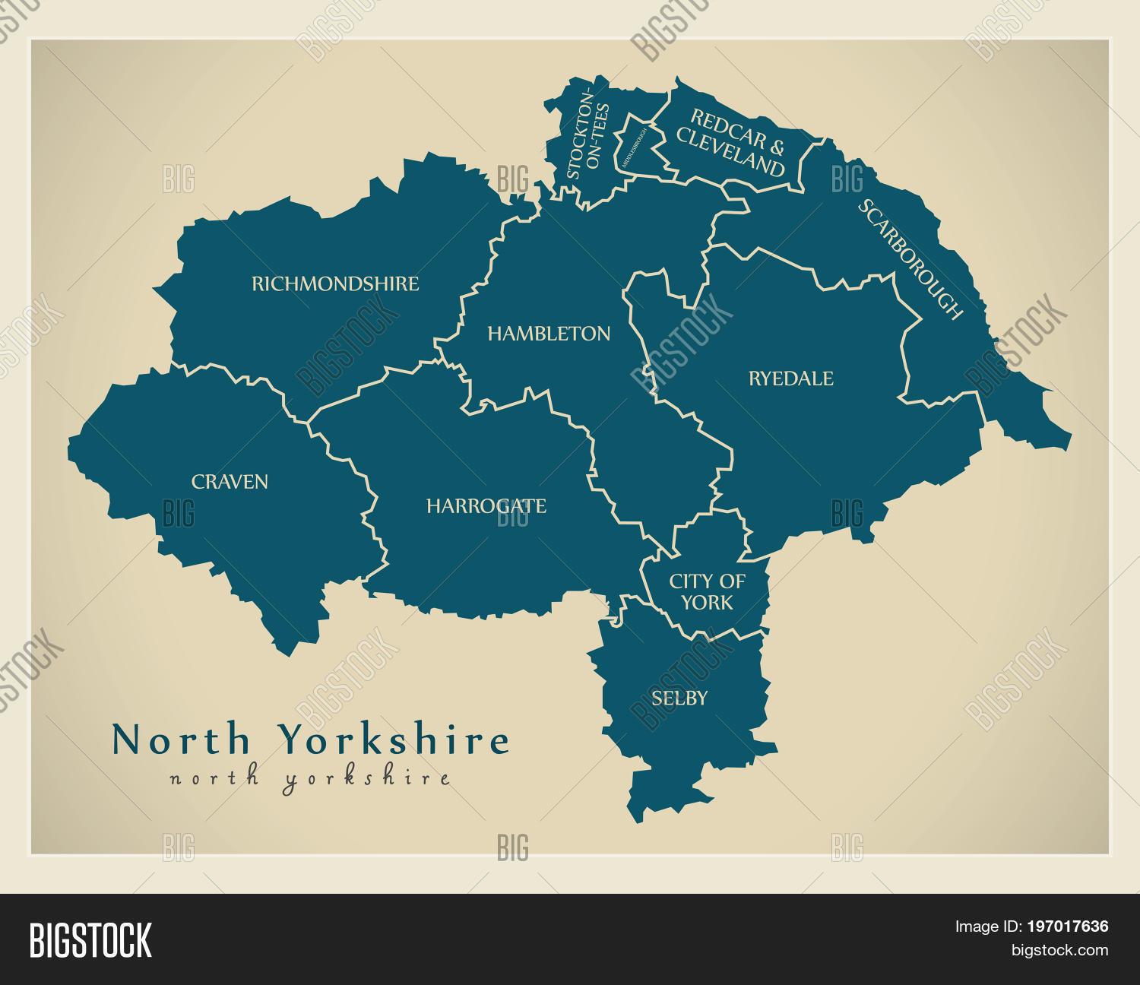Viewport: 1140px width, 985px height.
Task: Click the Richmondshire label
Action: pyautogui.click(x=335, y=284)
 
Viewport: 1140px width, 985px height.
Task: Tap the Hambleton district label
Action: pyautogui.click(x=549, y=334)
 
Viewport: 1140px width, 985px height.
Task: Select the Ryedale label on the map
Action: pyautogui.click(x=790, y=378)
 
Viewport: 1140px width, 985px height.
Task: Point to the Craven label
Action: pyautogui.click(x=230, y=482)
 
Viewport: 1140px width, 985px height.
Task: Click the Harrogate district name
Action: pyautogui.click(x=486, y=506)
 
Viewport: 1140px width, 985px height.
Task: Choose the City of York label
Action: pyautogui.click(x=707, y=592)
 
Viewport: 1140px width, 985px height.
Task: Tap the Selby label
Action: pyautogui.click(x=679, y=698)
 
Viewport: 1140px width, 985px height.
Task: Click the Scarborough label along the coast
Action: pyautogui.click(x=910, y=259)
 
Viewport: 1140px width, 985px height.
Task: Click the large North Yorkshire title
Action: pyautogui.click(x=310, y=740)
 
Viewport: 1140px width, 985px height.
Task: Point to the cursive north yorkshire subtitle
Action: pyautogui.click(x=310, y=779)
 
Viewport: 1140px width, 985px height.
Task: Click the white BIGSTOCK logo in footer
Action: pyautogui.click(x=90, y=940)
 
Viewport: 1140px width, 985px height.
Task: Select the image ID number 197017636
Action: pyautogui.click(x=1067, y=926)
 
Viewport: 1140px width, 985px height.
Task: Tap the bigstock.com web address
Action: pyautogui.click(x=1059, y=950)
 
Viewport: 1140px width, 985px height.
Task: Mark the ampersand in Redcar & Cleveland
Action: pyautogui.click(x=776, y=147)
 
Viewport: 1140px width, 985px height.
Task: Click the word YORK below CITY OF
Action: pyautogui.click(x=707, y=603)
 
